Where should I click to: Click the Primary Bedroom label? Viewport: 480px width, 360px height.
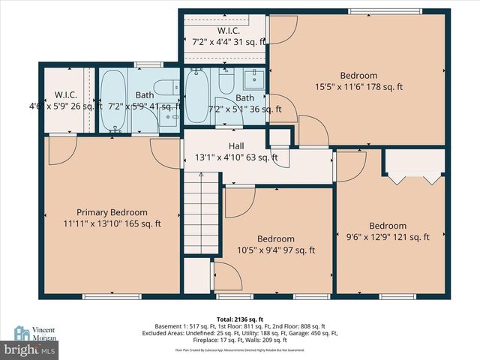[112, 212]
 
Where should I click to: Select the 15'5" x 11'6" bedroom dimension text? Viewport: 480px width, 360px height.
[358, 87]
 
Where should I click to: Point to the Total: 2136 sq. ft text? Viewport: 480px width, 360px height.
[239, 319]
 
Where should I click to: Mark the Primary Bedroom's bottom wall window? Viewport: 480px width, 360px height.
[111, 296]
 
